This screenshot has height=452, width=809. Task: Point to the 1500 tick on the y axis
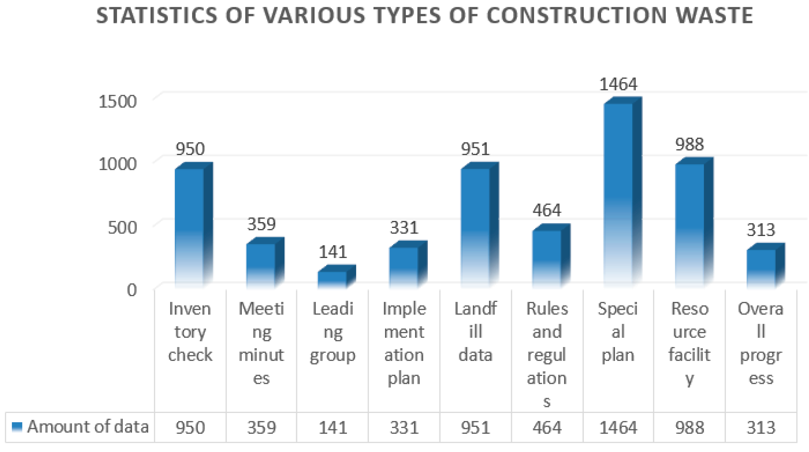click(118, 102)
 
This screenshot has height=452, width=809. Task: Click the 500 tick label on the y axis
click(122, 227)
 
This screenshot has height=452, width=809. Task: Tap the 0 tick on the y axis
click(131, 290)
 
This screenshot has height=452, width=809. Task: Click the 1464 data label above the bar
click(618, 84)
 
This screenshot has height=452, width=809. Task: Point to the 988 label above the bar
click(689, 145)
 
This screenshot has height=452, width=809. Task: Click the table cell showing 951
click(475, 427)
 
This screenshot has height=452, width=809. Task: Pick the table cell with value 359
click(261, 427)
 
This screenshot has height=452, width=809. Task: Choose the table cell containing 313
click(761, 427)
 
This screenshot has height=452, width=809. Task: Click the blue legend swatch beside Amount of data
click(17, 427)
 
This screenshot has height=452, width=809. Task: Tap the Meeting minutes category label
click(261, 343)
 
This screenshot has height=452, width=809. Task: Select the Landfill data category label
click(475, 332)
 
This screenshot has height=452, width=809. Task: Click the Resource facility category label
click(689, 343)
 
